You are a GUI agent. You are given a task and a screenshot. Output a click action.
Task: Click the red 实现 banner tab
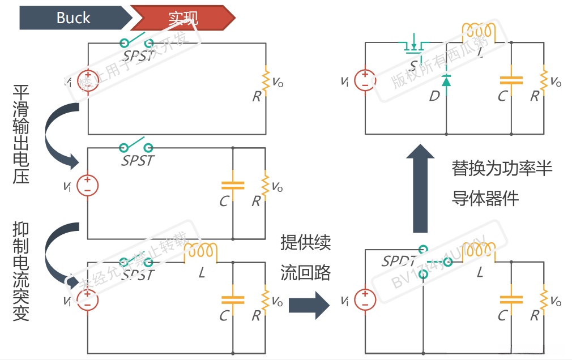coord(183,18)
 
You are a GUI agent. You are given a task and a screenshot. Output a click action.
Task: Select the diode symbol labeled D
coord(446,81)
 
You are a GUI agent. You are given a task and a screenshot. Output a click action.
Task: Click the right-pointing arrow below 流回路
coord(309,305)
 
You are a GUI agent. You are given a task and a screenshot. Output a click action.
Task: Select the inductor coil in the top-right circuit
coord(479,33)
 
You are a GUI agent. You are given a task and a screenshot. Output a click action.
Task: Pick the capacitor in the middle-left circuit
coord(233,185)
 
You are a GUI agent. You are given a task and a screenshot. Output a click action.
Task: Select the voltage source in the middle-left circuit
coord(87,185)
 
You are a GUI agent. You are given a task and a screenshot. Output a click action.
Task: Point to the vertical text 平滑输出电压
coord(21,134)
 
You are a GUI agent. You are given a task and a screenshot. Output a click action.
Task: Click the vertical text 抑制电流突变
coord(21,272)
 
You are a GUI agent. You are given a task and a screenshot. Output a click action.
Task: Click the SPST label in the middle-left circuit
coord(138,161)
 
